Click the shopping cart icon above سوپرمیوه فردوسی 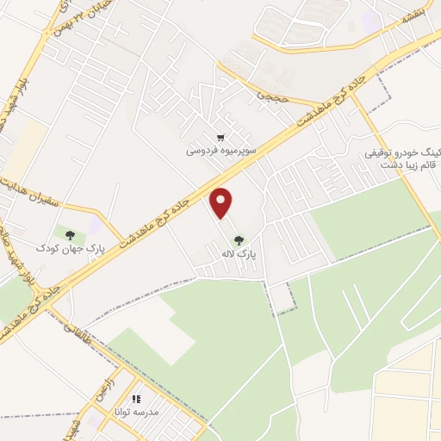(x=220, y=137)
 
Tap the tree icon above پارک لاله (x=239, y=240)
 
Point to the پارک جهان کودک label (x=70, y=247)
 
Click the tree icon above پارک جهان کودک (x=70, y=234)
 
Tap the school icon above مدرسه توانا (x=136, y=399)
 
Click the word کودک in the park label (x=47, y=247)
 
